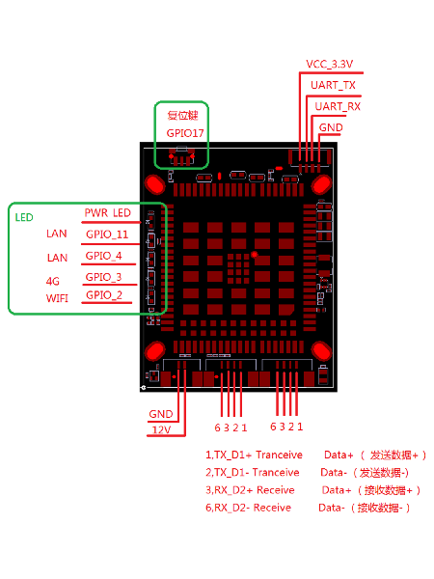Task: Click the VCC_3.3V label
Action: tap(329, 64)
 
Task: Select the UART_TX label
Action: tap(333, 85)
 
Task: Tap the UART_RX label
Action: tap(338, 106)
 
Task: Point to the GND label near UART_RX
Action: tap(330, 126)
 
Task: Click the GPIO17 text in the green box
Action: tap(185, 132)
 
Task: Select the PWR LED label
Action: tap(107, 212)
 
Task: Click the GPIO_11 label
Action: tap(106, 234)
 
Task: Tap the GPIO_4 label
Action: tap(103, 256)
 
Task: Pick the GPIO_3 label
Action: tap(103, 277)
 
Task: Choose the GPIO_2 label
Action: tap(103, 295)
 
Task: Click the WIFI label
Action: tap(58, 298)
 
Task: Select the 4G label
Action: tap(53, 281)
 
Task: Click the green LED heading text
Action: tap(24, 217)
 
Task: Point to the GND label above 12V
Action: tap(160, 413)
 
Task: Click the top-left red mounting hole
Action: tap(153, 183)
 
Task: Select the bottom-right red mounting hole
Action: tap(318, 352)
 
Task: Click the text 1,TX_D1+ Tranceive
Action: tap(254, 455)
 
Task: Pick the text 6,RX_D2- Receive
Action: tap(248, 508)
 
